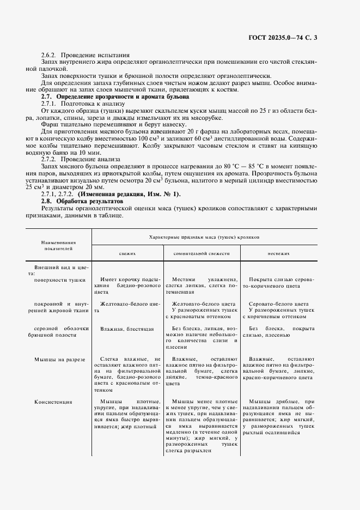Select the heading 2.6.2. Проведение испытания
[86, 55]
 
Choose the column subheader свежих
[127, 254]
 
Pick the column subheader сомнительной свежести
[202, 254]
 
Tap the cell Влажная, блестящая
[127, 329]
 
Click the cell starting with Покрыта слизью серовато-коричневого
[278, 282]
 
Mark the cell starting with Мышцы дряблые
[278, 417]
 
